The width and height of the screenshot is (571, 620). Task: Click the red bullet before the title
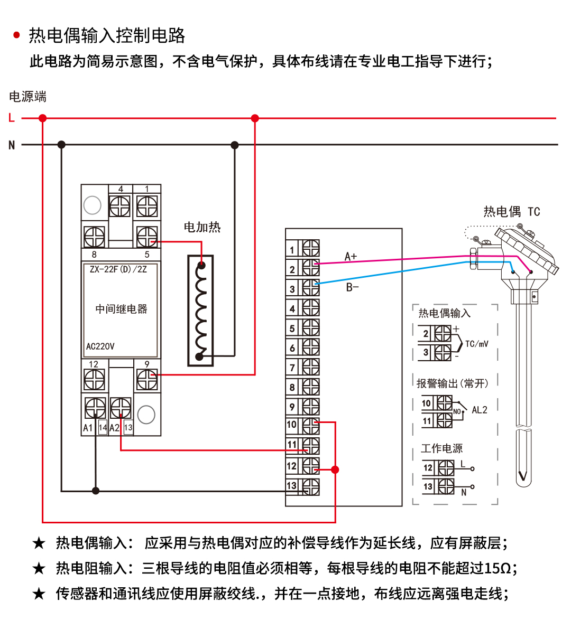coord(16,35)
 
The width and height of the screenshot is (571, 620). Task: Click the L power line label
coord(12,118)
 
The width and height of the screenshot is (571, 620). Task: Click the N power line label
coord(12,145)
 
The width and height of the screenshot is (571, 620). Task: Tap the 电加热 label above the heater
coord(202,227)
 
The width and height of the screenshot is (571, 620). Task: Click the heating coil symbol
coord(200,311)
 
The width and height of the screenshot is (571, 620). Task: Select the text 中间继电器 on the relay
coord(121,309)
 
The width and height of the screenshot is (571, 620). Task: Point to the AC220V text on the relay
coord(100,346)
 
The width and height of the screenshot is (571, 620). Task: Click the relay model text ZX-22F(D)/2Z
coord(118,269)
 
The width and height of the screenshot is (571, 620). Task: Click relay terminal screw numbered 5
coord(147,237)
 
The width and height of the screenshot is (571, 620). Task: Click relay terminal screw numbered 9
coord(147,379)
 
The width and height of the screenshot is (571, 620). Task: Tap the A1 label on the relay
coord(88,428)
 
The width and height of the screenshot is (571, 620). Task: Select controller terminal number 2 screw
coord(311,268)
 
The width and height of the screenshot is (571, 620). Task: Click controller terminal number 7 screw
coord(311,367)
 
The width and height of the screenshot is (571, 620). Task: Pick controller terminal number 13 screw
coord(311,486)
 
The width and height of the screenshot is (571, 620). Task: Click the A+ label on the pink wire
coord(351,257)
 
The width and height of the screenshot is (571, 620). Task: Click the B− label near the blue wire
coord(352,287)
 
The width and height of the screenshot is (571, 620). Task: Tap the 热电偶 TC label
coord(511,212)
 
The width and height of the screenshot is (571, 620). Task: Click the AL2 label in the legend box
coord(479,410)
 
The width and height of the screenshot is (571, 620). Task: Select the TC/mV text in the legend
coord(476,344)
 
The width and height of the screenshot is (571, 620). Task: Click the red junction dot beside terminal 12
coord(335,469)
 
